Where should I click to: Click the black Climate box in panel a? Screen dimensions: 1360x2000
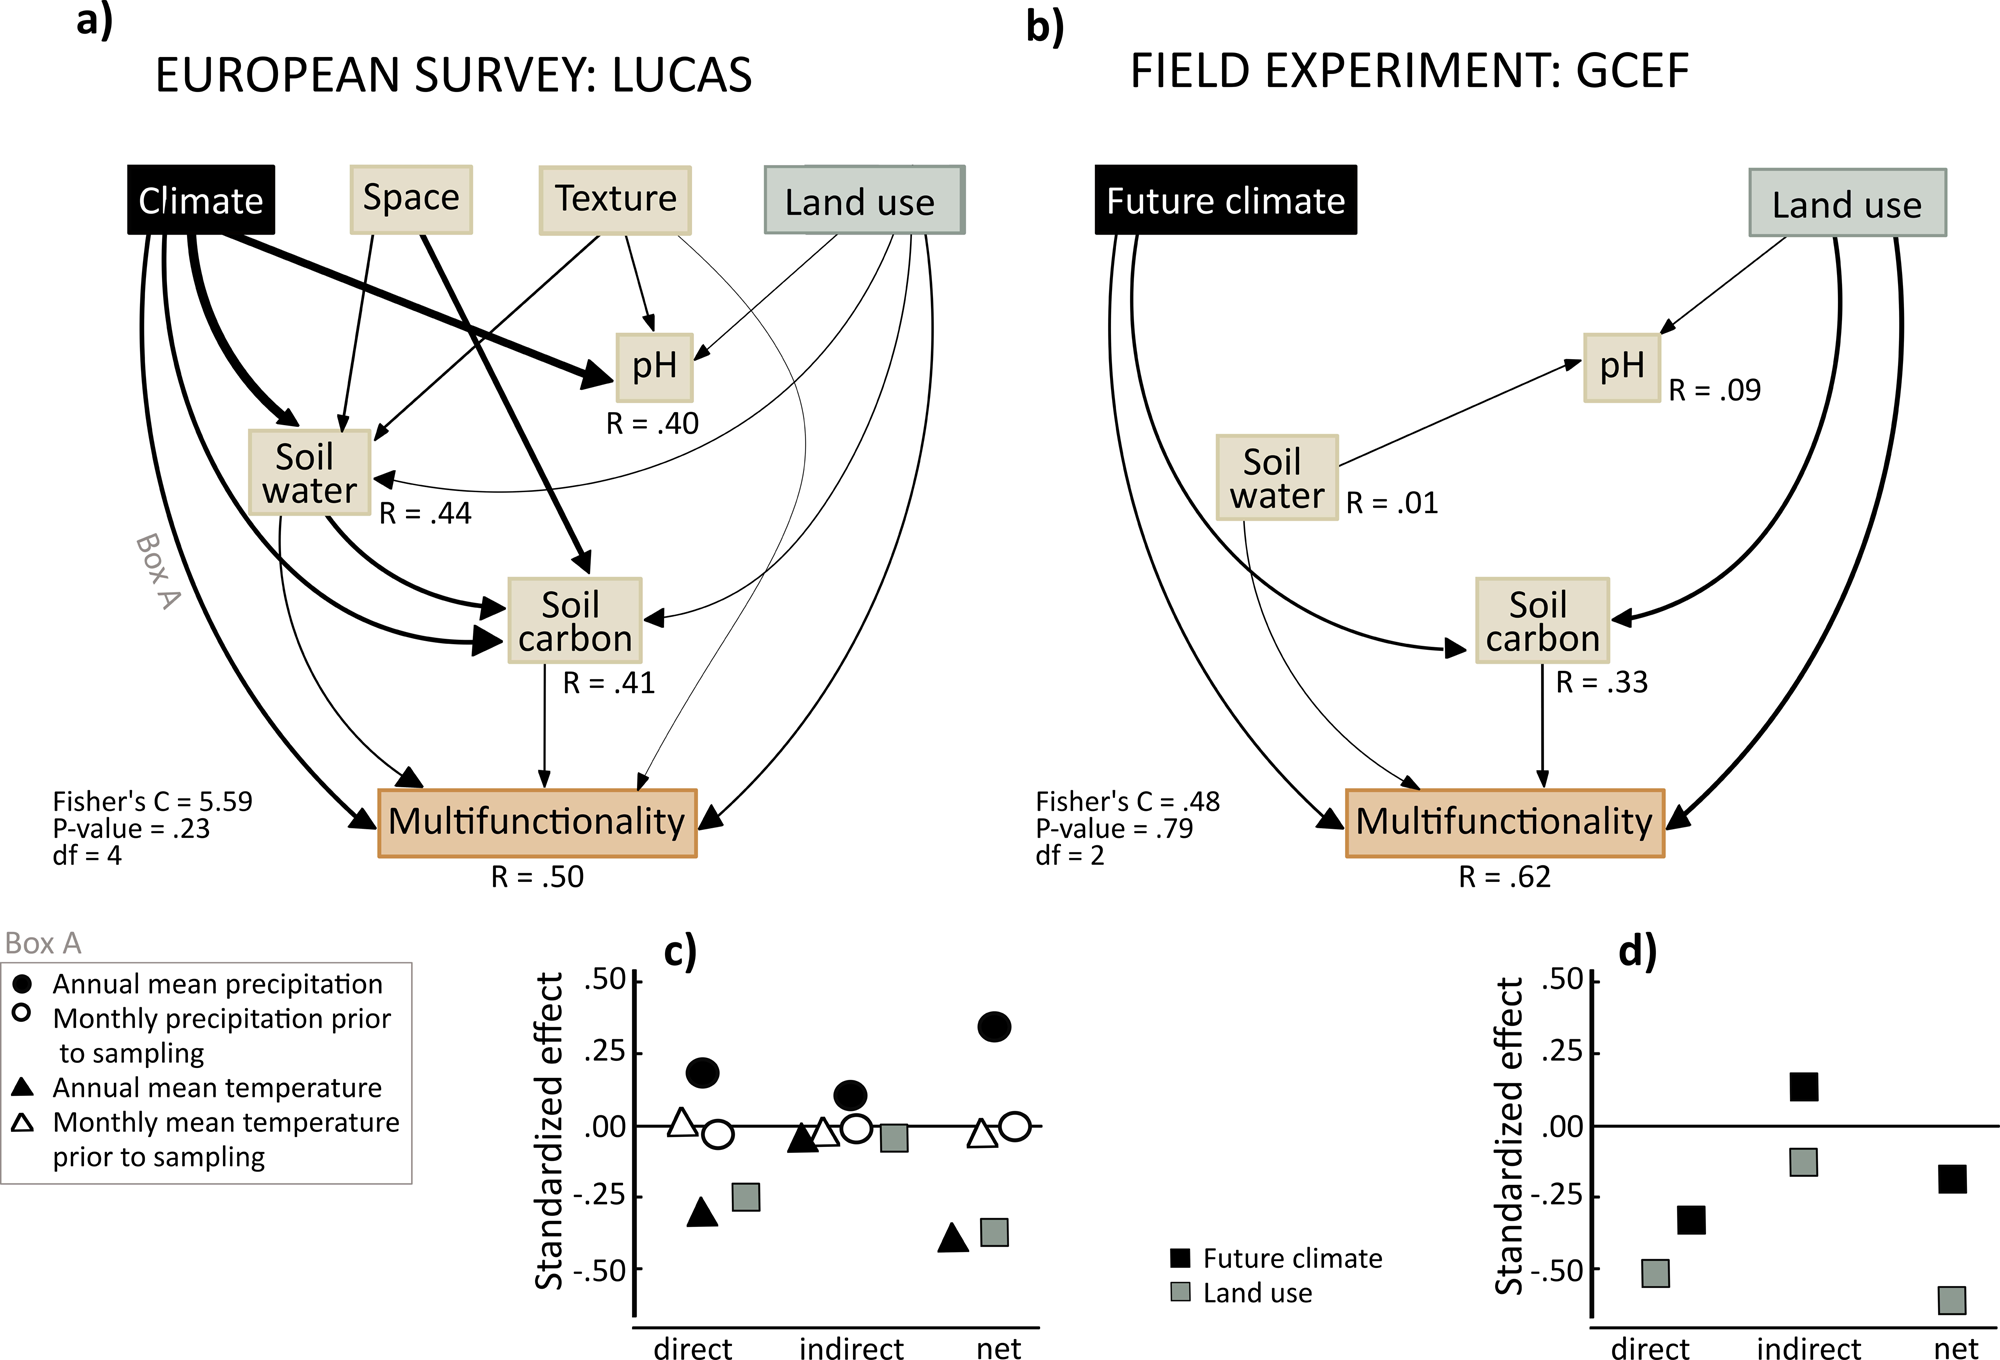[201, 200]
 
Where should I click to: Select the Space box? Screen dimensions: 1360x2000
[411, 199]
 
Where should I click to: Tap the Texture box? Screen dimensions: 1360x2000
[615, 200]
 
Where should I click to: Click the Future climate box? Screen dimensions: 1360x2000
[1225, 201]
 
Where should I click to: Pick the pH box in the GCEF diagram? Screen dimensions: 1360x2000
[1621, 367]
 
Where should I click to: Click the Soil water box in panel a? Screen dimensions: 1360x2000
[309, 473]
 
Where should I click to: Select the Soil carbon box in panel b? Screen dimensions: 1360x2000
[1541, 621]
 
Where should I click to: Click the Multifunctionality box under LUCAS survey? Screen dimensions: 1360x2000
[537, 823]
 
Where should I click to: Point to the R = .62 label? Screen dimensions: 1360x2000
[1504, 877]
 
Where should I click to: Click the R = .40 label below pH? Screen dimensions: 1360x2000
[652, 424]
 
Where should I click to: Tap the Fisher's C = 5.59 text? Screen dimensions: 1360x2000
[152, 801]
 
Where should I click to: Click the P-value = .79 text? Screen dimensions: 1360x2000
[1114, 829]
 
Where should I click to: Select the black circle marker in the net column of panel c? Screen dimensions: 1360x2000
[994, 1027]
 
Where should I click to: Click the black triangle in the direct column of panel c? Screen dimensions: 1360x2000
[702, 1213]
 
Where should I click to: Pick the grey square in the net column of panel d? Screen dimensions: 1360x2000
[1951, 1300]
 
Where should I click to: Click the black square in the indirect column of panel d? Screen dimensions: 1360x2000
[1803, 1087]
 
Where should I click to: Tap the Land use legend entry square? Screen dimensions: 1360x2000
[1180, 1292]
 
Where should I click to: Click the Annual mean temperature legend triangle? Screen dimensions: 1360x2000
[22, 1087]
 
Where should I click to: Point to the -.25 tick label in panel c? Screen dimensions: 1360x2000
[598, 1197]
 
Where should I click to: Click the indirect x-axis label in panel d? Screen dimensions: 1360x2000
[1808, 1348]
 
